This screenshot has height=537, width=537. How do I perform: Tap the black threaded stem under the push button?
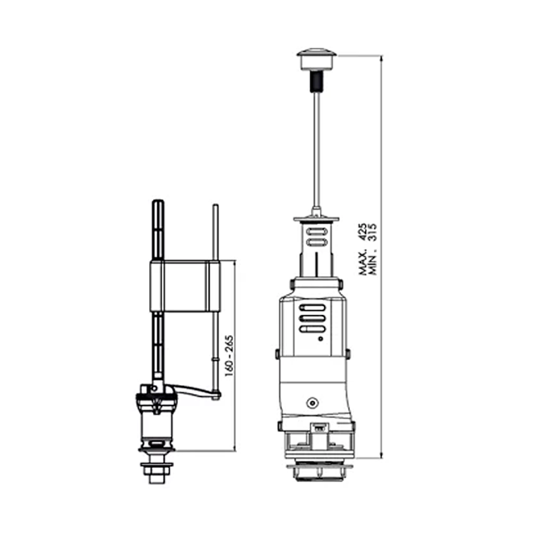[x=316, y=81]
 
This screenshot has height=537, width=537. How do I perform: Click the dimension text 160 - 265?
[x=229, y=356]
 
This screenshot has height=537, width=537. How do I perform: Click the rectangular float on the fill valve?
[x=184, y=286]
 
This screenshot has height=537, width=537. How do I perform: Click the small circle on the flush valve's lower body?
[x=312, y=403]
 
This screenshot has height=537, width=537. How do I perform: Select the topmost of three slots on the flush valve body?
[x=312, y=308]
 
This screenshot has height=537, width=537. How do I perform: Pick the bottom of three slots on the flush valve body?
[x=312, y=329]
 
